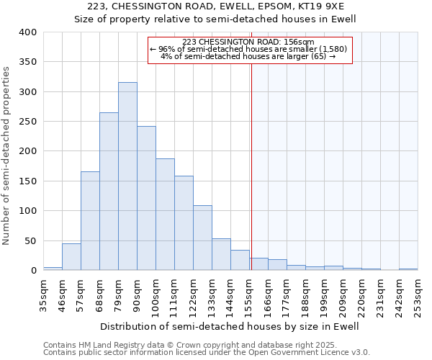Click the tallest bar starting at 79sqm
pos(127,176)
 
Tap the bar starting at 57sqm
pos(90,221)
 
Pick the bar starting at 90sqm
pos(146,198)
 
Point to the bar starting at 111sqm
pos(184,223)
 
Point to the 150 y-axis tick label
pos(27,181)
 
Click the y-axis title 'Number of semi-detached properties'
pos(7,155)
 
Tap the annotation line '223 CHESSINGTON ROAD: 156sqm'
pos(249,42)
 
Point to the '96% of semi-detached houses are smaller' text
pos(249,49)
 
